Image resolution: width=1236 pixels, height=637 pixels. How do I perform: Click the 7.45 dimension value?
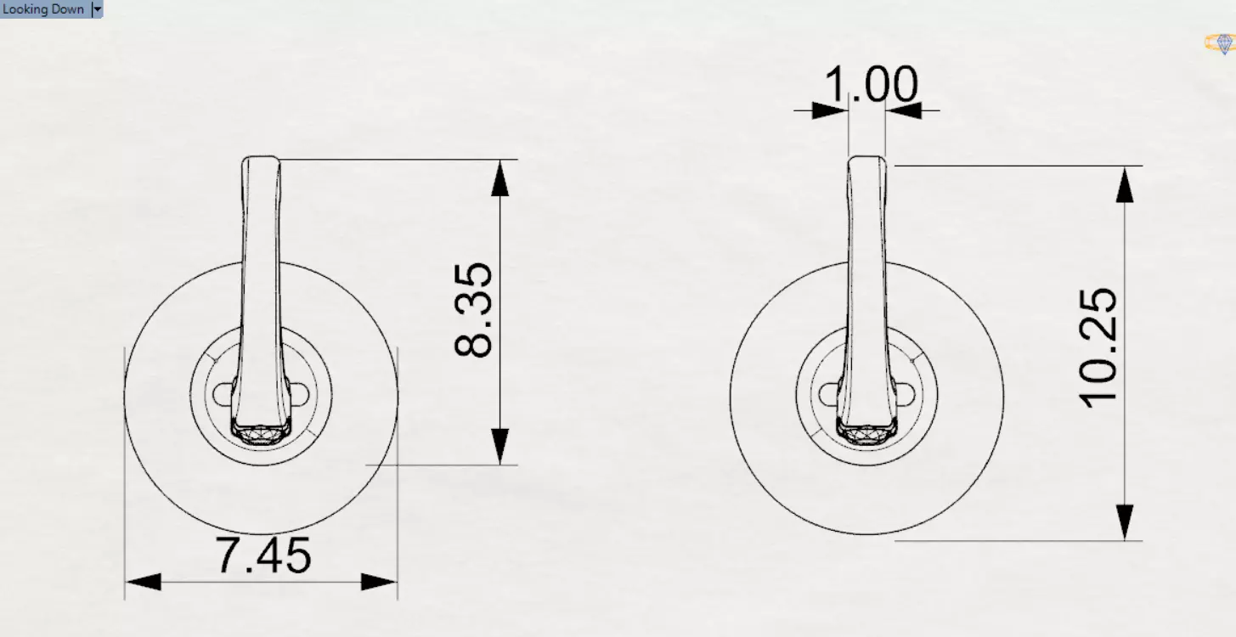(264, 556)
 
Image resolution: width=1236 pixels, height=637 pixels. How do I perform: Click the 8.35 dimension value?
(473, 309)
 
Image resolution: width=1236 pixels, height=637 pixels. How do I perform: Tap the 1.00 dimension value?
(871, 85)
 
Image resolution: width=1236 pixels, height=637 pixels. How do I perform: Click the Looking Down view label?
(43, 8)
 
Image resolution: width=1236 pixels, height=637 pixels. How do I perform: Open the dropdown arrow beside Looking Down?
(97, 9)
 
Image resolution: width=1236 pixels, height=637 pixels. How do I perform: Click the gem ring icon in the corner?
(1221, 43)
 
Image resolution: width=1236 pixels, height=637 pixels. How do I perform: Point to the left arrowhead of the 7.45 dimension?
(143, 583)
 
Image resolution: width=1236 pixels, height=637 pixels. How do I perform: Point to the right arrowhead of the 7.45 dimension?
(379, 583)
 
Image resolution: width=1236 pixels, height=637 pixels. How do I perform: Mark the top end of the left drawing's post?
(261, 160)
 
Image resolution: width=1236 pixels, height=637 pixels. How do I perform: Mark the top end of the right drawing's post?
(866, 160)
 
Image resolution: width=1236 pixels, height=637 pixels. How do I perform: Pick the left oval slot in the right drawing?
(830, 394)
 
